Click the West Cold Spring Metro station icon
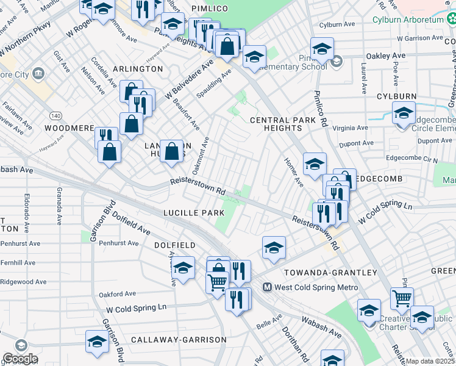267,287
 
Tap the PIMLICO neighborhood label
209,8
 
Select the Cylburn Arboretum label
414,18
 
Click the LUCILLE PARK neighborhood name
194,212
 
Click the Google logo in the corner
20,359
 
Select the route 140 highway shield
55,115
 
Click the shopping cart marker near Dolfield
217,282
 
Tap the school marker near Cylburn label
403,113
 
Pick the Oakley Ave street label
386,56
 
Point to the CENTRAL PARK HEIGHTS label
283,124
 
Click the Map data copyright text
430,361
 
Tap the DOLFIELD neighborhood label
174,245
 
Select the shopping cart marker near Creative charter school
402,298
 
